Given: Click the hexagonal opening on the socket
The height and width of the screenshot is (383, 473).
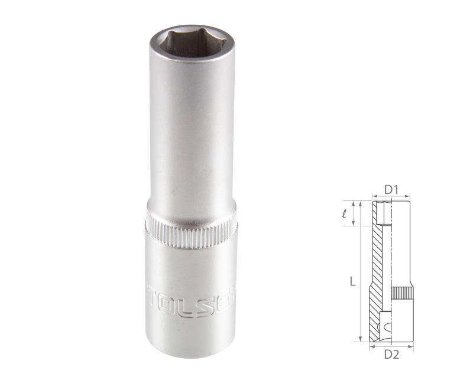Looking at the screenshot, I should pos(190,43).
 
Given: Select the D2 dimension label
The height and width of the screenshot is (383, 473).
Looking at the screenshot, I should pos(391,355).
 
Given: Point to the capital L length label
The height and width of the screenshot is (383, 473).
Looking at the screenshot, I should pos(352,283).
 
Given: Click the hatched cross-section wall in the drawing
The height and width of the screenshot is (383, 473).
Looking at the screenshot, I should pos(377,260).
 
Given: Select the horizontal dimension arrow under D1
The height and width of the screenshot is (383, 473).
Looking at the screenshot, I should pos(391,199).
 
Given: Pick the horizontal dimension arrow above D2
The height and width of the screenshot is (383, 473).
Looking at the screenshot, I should pos(391,346).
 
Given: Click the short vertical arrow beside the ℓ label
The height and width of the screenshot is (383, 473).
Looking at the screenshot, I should pos(355,213).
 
